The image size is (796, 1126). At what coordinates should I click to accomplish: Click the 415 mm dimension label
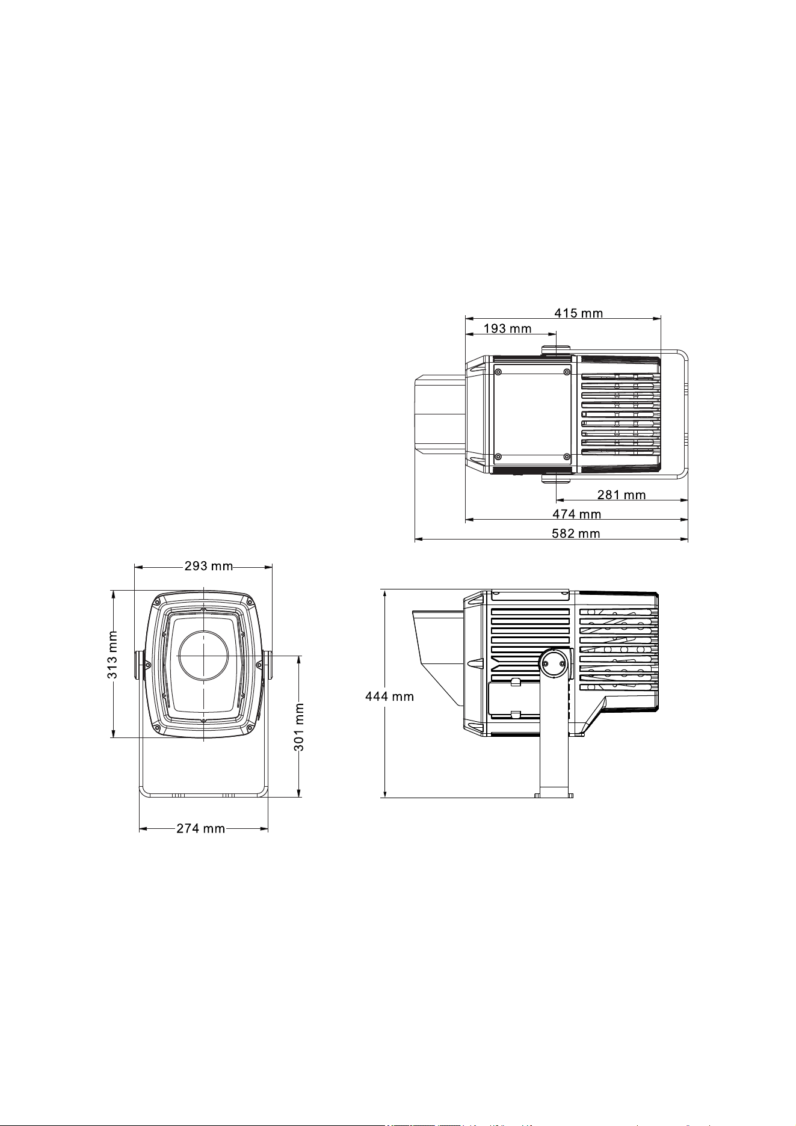tap(578, 313)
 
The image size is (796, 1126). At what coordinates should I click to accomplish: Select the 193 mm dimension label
tap(507, 328)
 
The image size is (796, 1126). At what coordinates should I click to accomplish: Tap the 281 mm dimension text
tap(622, 495)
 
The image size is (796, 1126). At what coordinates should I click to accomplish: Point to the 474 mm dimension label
tap(577, 514)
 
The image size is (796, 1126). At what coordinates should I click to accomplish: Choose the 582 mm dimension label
tap(576, 534)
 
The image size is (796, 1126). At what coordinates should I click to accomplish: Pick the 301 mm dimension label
tap(299, 727)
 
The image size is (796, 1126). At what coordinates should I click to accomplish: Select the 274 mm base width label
tap(201, 829)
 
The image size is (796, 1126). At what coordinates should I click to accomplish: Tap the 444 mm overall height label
tap(390, 697)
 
